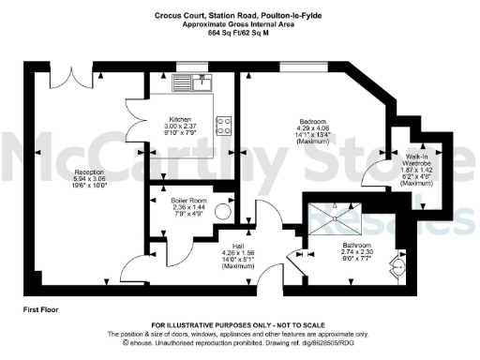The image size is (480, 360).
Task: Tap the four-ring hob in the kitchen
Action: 224,126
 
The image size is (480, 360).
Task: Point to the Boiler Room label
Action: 194,200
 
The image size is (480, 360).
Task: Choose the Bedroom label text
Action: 311,124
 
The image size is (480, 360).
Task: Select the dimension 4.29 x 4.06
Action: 311,130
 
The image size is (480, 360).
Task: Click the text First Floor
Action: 43,308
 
